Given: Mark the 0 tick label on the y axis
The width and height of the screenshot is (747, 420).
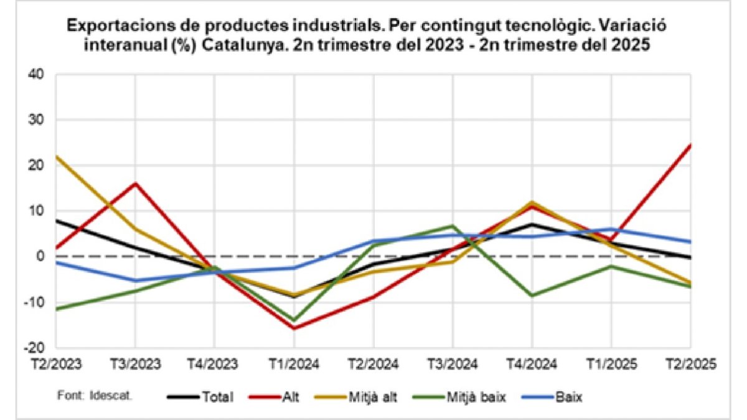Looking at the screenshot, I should point(40,256).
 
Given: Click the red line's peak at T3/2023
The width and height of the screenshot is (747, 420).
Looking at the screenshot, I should point(135,183).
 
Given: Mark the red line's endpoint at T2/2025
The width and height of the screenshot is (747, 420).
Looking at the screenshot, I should point(690,144).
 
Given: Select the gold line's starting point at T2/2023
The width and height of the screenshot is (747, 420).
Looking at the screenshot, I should point(57,156).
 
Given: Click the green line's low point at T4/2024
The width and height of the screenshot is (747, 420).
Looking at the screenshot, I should point(532,295).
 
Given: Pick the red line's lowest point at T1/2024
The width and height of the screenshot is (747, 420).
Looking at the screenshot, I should point(294,328).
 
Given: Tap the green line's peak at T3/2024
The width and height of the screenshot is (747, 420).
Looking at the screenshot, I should point(453,225).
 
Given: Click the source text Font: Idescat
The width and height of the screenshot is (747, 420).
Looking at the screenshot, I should point(94,394).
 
